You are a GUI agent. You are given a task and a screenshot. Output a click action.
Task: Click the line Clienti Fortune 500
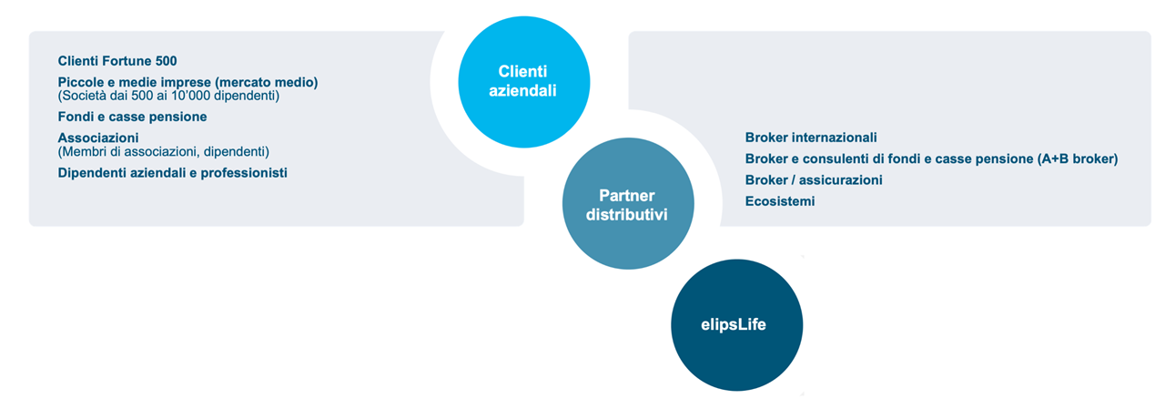click(x=117, y=61)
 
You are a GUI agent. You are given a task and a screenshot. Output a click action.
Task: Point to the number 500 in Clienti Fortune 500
click(x=166, y=61)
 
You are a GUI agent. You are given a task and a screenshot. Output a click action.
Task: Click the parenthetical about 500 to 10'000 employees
click(x=168, y=95)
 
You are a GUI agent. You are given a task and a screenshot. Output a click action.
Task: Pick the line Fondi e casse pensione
click(x=132, y=117)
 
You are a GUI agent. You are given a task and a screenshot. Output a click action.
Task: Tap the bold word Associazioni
click(x=97, y=138)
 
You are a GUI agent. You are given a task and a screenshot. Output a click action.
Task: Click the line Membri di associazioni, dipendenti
click(x=164, y=150)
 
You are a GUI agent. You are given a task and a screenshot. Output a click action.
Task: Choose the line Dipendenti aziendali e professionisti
click(x=172, y=172)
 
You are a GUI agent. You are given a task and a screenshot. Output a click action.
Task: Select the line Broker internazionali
click(x=810, y=138)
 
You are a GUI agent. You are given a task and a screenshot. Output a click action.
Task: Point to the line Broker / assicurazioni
click(x=813, y=180)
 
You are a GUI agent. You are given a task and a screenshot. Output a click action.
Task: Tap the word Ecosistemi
click(x=779, y=201)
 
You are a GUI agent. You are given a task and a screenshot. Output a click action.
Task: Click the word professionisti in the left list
click(x=243, y=172)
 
